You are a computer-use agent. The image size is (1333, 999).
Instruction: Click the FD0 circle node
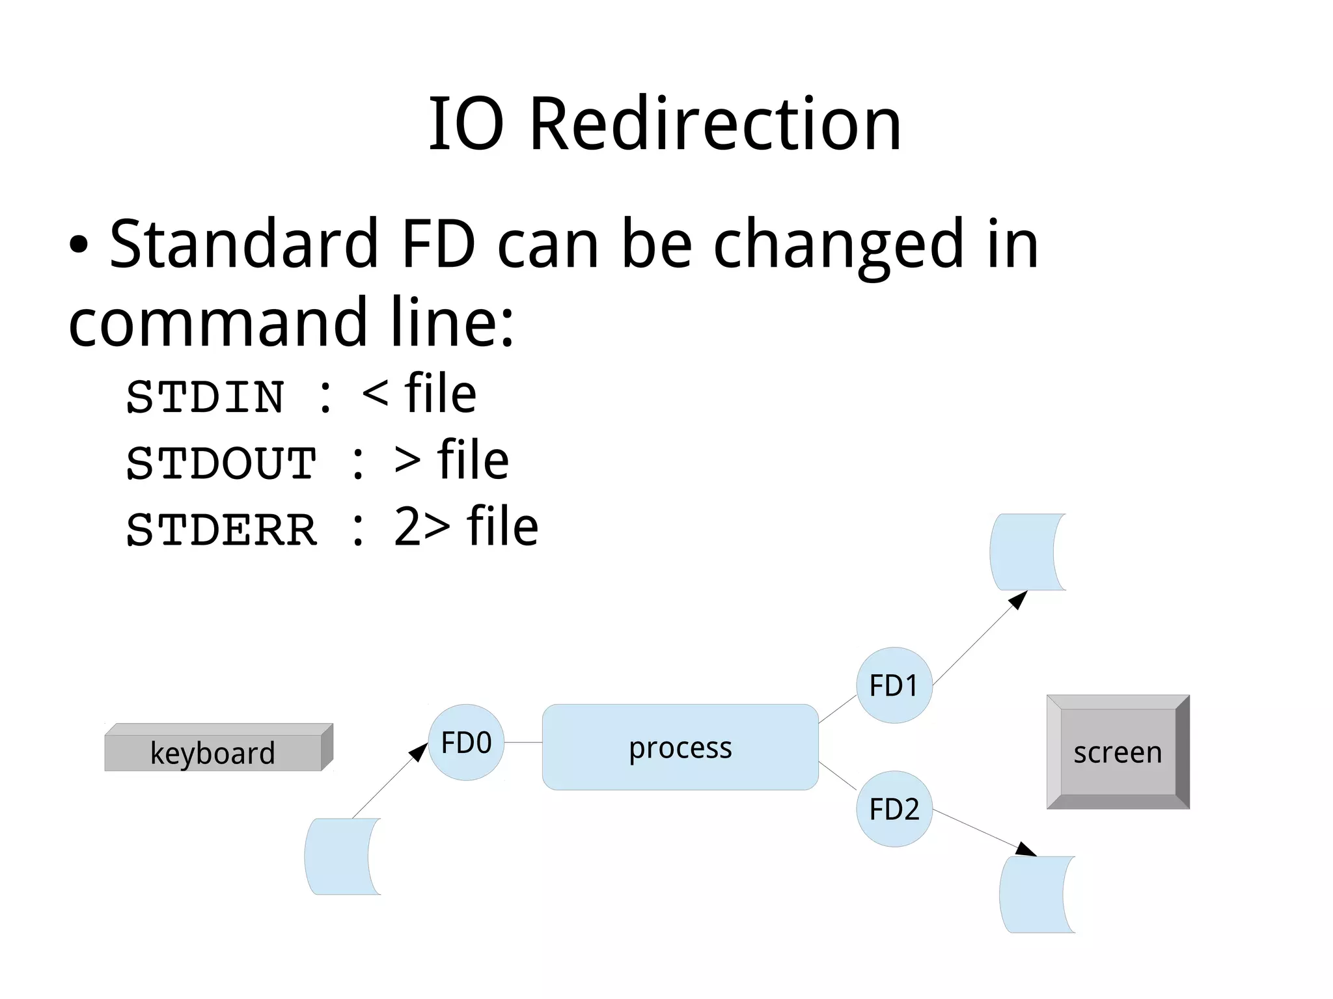point(466,742)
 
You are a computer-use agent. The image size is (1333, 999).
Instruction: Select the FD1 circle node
point(894,685)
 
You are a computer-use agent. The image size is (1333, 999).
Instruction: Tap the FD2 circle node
point(894,809)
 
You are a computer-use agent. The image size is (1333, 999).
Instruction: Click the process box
point(680,747)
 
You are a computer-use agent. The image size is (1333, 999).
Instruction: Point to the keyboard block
point(213,752)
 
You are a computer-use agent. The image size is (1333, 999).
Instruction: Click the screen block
point(1117,752)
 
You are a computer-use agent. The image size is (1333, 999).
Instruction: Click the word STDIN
point(205,397)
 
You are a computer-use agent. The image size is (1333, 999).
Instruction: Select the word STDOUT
point(221,463)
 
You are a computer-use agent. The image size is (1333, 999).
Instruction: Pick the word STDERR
point(221,530)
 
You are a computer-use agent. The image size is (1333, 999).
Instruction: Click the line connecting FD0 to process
point(523,742)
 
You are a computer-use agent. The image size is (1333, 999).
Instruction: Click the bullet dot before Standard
point(79,245)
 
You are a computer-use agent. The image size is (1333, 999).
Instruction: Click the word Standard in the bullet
point(244,244)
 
